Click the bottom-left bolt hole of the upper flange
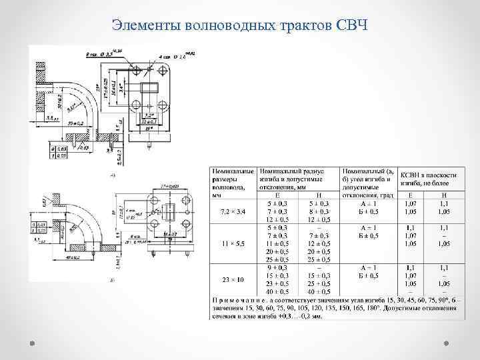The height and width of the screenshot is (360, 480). click(136, 105)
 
